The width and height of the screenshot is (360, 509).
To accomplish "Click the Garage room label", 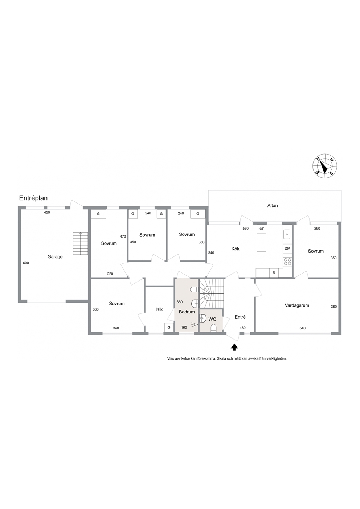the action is click(x=55, y=257).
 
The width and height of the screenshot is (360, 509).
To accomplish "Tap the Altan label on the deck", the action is click(x=273, y=205).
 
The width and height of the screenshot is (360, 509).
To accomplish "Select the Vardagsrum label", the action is click(x=297, y=305).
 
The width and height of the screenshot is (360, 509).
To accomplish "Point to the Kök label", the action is click(x=235, y=249).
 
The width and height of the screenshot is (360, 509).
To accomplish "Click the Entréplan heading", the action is click(x=33, y=198).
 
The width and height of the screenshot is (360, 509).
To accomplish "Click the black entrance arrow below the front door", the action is click(x=234, y=347).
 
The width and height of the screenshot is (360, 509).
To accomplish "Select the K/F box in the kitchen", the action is click(x=261, y=229).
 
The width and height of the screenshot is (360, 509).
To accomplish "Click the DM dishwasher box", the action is click(x=287, y=249).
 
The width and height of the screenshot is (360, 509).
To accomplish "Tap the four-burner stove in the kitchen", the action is click(x=287, y=262).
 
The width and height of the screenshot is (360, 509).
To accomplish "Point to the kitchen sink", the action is click(x=287, y=234).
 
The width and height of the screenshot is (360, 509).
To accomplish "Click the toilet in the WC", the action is click(x=213, y=328).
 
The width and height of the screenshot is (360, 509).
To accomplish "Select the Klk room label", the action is click(x=159, y=309).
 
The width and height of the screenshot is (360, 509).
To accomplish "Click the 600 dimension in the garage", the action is click(x=26, y=263).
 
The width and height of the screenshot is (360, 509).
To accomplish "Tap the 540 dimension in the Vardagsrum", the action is click(x=303, y=328).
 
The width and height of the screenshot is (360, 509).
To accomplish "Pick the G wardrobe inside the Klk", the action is click(x=169, y=328).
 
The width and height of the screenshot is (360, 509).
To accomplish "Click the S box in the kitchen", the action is click(x=274, y=273).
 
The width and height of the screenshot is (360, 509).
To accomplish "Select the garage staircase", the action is click(x=80, y=243).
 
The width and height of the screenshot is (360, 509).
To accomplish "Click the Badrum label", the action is click(x=187, y=312).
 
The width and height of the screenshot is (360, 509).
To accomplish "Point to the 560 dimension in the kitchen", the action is click(x=246, y=229).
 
